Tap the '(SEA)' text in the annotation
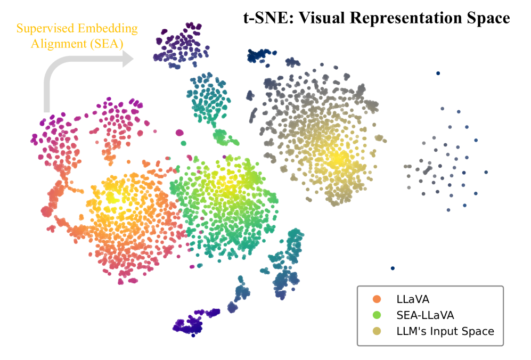104,43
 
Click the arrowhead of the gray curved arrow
127,58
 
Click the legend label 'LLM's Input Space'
445,331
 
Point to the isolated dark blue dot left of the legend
393,268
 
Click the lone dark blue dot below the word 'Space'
438,73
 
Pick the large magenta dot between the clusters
179,132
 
